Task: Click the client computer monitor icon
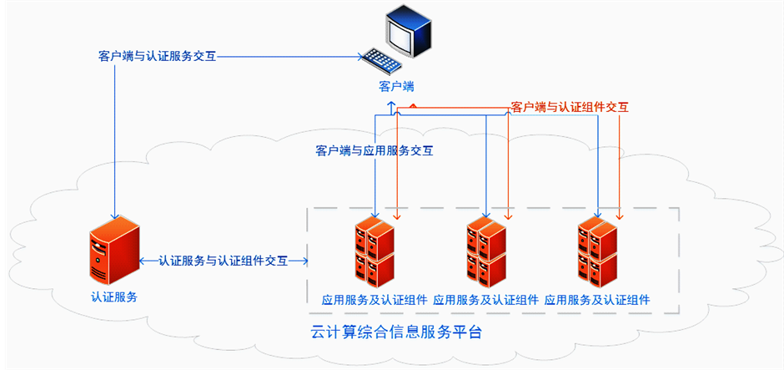(x=409, y=32)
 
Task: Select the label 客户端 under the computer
(x=396, y=86)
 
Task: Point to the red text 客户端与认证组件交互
(x=570, y=107)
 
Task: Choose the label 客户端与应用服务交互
(x=374, y=151)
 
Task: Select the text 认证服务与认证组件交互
(x=224, y=261)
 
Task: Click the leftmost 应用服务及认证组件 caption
(x=374, y=299)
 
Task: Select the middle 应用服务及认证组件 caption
(x=485, y=299)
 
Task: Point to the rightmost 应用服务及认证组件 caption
(x=596, y=299)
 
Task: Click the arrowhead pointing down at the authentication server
(x=113, y=212)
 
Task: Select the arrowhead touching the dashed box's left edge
(x=304, y=261)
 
